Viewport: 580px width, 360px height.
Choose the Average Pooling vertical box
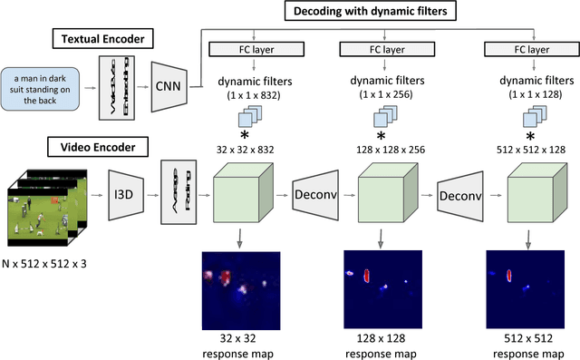pos(172,194)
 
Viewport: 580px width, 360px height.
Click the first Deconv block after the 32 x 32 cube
pos(316,195)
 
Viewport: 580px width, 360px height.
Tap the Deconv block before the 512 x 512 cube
pos(460,195)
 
